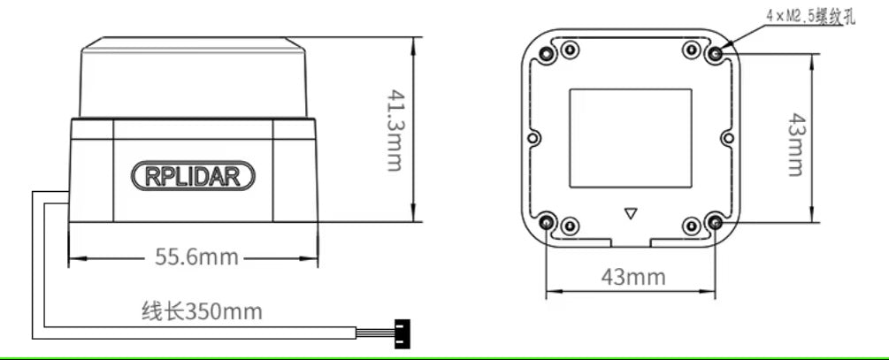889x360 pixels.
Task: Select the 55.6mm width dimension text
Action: (x=196, y=257)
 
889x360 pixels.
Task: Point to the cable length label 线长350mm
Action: (x=202, y=311)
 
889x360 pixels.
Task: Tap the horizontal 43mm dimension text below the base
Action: (x=633, y=276)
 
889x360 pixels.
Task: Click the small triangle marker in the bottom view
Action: (x=631, y=213)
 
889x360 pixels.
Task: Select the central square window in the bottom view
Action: (x=630, y=137)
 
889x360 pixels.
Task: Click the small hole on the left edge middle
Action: (x=533, y=139)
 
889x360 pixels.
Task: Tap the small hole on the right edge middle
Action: (x=727, y=138)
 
